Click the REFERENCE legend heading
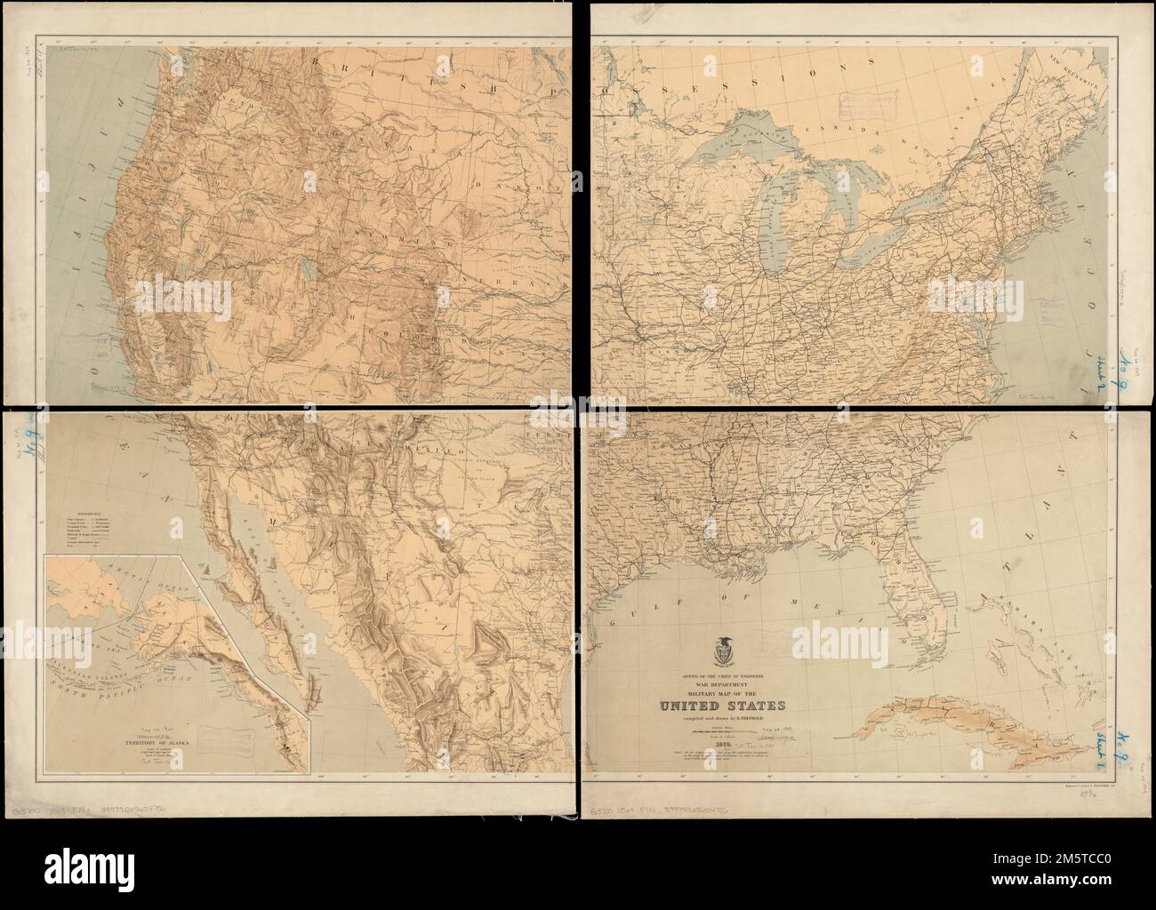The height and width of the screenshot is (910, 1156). tap(72, 512)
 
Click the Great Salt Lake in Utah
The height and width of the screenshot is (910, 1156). tap(308, 267)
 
